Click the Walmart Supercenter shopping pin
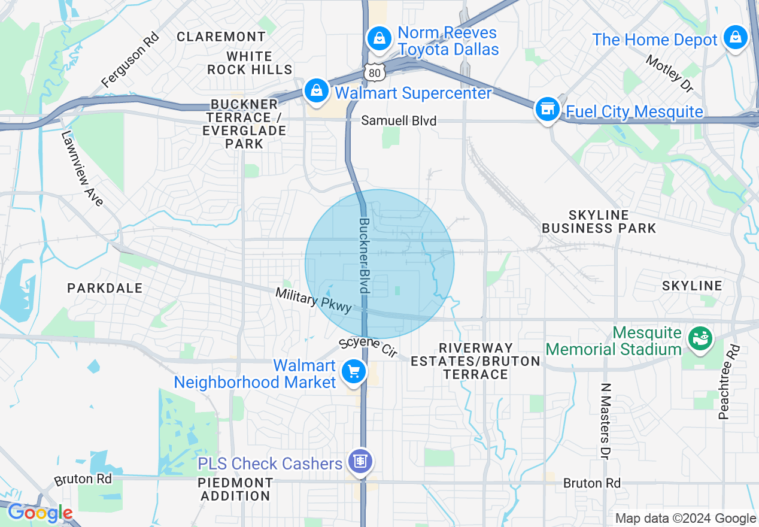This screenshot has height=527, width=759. coord(315,92)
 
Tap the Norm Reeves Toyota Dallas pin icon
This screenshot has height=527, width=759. coord(379,39)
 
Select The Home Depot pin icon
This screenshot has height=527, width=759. coord(735,38)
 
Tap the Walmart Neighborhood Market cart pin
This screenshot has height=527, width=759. coord(353,372)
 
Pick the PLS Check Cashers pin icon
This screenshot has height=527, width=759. coord(361,462)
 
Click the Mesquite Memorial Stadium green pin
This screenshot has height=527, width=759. coord(699,338)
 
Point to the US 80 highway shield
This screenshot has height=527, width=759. coord(373,72)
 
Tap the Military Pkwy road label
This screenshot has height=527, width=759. coord(313,299)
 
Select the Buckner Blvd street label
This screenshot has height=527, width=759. coord(364,255)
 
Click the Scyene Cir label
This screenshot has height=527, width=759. coord(368,348)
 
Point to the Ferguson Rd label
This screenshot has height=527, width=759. coord(130,59)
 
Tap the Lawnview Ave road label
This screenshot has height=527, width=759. coord(83,168)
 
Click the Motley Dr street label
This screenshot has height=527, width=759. coord(669,74)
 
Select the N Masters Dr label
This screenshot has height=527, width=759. coord(605,422)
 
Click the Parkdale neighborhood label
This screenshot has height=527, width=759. coord(105,288)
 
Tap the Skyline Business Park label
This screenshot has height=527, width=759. coord(599,222)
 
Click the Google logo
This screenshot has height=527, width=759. coord(40,513)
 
